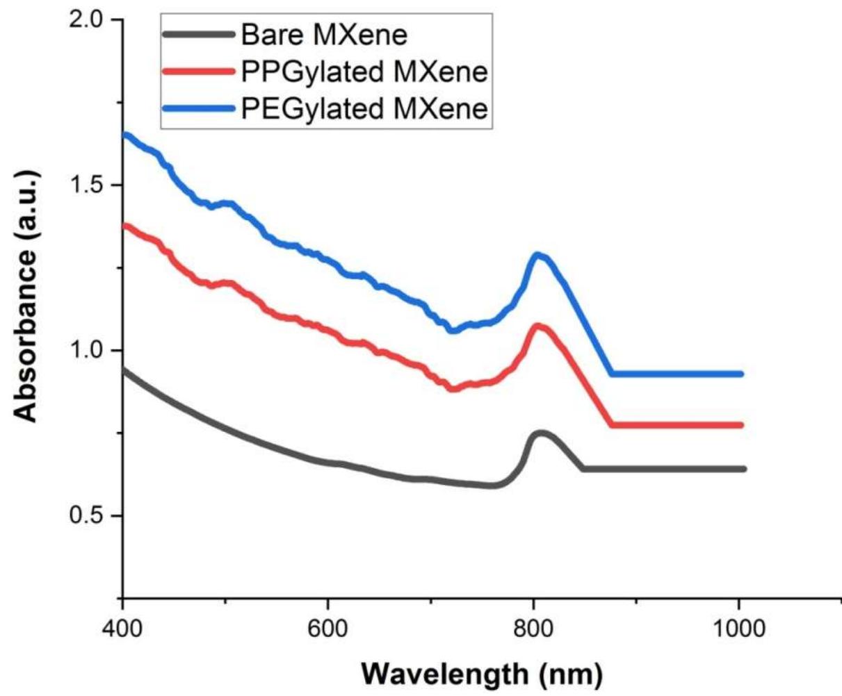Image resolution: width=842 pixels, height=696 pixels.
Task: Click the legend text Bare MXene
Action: pyautogui.click(x=323, y=34)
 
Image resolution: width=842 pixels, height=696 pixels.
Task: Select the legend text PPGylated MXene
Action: pyautogui.click(x=364, y=72)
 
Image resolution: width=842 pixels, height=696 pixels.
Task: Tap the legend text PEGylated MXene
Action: pyautogui.click(x=364, y=109)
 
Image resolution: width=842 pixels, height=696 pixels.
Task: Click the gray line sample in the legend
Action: pyautogui.click(x=199, y=34)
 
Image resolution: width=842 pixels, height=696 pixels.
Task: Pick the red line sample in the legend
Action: pyautogui.click(x=199, y=72)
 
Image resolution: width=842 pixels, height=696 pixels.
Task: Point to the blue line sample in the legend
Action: pyautogui.click(x=199, y=109)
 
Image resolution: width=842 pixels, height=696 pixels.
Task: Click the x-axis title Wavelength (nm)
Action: pyautogui.click(x=482, y=673)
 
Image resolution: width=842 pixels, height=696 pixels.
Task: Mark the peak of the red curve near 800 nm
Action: pyautogui.click(x=538, y=326)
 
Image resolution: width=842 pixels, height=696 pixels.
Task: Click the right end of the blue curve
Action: pyautogui.click(x=741, y=374)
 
